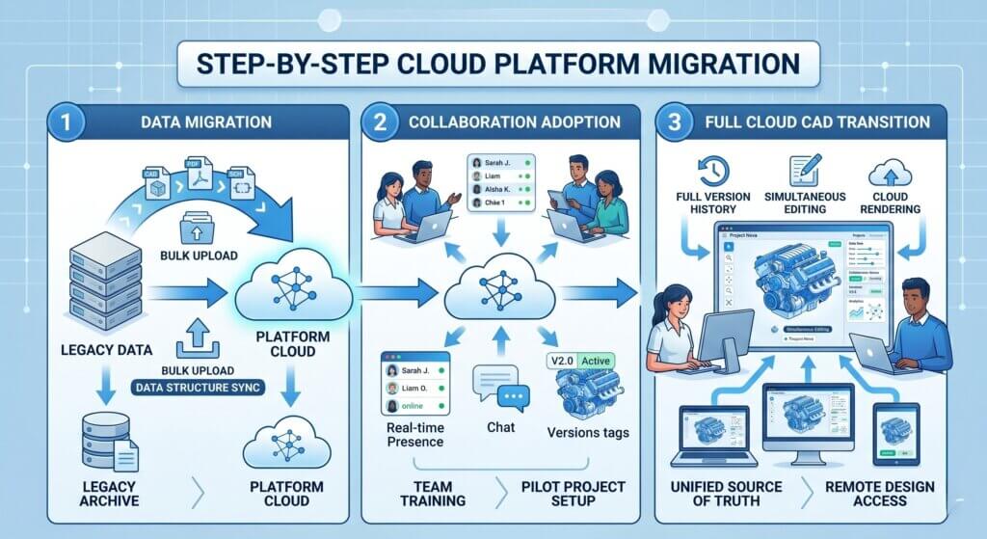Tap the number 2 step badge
[379, 122]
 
